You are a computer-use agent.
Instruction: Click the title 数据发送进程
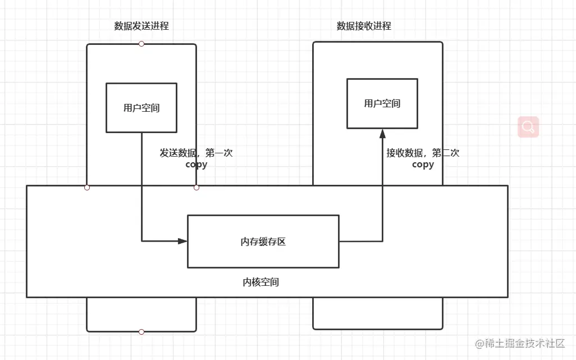(141, 26)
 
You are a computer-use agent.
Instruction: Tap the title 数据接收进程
(364, 26)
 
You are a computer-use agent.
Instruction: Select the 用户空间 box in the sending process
(141, 108)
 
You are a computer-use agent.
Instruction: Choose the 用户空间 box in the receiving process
(382, 103)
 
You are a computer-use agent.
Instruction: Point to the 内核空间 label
(261, 282)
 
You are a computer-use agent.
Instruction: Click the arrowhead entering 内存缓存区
(182, 241)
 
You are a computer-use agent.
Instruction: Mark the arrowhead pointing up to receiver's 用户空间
(382, 134)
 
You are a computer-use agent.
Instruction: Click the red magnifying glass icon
(528, 127)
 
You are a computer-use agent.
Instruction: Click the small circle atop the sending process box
(141, 44)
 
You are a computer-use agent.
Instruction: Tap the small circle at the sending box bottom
(141, 332)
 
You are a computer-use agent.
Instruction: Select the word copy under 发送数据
(196, 165)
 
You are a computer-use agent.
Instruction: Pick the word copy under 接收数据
(423, 165)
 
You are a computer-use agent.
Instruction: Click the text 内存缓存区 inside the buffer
(263, 241)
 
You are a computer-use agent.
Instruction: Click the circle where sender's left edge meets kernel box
(87, 188)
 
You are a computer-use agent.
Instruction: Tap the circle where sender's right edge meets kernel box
(196, 188)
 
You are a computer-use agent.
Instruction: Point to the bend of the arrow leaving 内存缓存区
(382, 241)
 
